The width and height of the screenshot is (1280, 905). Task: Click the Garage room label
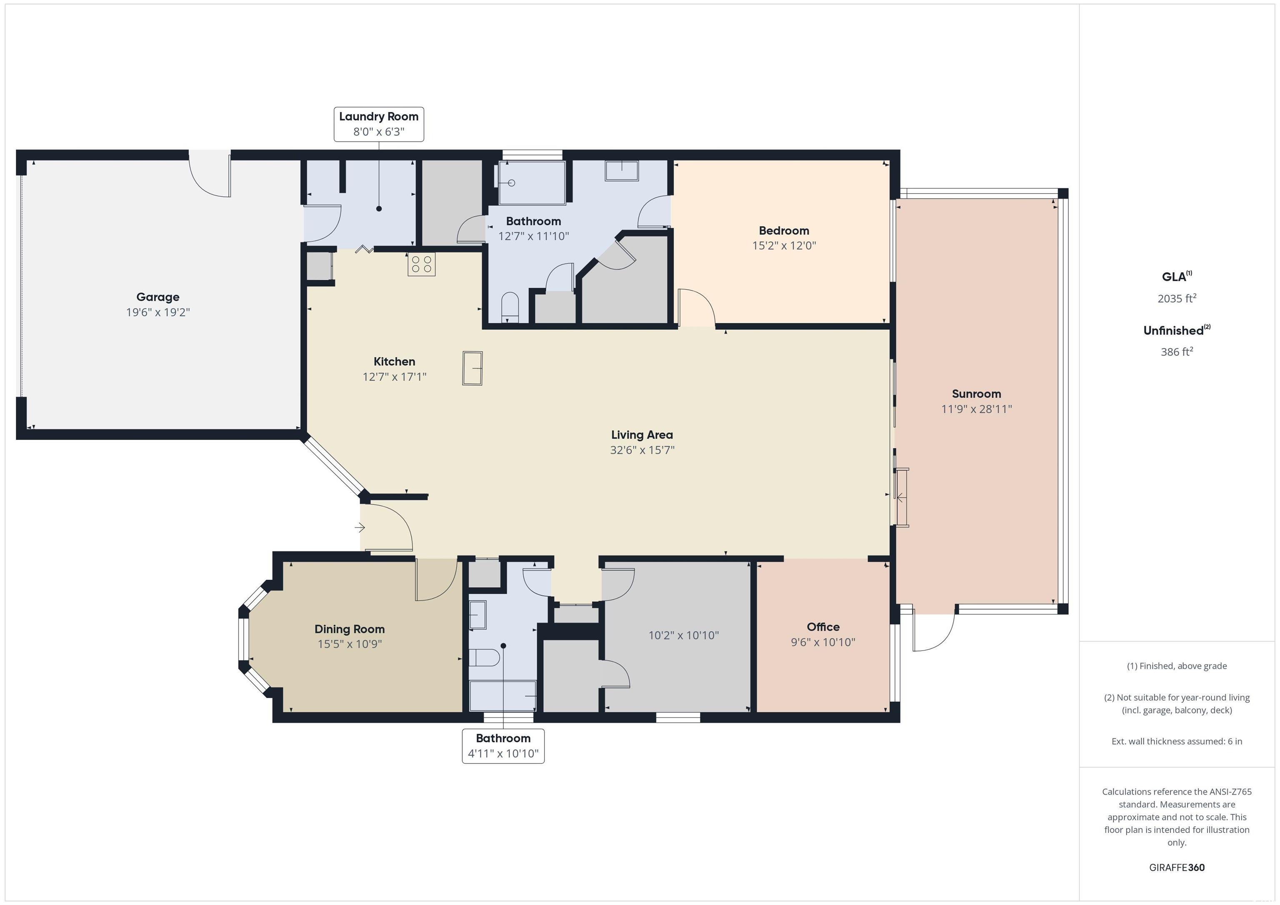click(158, 297)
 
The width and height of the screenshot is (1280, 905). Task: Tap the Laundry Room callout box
click(378, 124)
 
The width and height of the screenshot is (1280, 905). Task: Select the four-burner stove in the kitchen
click(422, 264)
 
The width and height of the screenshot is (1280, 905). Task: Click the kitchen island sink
click(472, 368)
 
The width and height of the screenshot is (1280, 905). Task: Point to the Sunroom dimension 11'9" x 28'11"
click(976, 409)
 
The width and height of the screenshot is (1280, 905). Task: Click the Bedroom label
click(784, 231)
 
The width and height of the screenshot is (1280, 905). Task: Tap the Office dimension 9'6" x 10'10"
click(823, 642)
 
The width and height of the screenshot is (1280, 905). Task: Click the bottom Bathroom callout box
click(503, 745)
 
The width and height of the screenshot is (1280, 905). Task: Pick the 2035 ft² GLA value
click(1177, 298)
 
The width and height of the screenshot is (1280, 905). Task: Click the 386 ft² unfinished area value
click(1177, 352)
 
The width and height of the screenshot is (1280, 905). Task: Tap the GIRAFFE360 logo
click(1177, 867)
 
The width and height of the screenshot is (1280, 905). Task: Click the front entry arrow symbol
click(360, 527)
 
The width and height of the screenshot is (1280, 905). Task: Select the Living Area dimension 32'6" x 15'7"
click(642, 450)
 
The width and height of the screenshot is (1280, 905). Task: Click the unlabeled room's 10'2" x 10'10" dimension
click(683, 635)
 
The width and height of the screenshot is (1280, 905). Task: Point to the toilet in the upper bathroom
click(510, 307)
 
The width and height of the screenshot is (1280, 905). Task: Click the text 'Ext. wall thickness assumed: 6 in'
click(1177, 741)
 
